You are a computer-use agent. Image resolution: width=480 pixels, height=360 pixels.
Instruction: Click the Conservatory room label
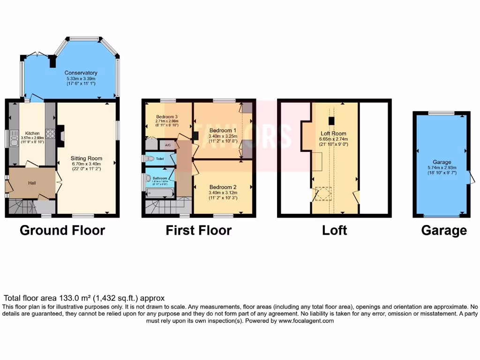click(x=81, y=73)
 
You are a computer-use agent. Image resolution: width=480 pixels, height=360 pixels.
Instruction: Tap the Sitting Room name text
click(x=86, y=158)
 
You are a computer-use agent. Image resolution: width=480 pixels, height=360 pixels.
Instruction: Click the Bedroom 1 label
click(x=223, y=130)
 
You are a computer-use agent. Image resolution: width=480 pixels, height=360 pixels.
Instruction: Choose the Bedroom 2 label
click(x=223, y=187)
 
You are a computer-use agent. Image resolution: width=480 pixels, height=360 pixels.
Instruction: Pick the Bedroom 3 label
click(x=167, y=116)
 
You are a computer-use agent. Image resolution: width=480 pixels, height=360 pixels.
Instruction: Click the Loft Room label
click(x=335, y=133)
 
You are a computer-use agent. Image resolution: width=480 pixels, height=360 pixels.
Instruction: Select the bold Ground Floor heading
click(x=62, y=230)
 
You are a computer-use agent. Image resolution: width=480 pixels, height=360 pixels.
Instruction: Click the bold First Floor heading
click(x=198, y=230)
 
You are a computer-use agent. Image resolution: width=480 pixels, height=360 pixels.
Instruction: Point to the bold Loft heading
click(x=334, y=230)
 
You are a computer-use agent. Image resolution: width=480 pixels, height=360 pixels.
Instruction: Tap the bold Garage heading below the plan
click(x=443, y=230)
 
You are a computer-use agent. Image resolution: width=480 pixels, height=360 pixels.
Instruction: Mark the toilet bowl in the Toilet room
click(x=150, y=159)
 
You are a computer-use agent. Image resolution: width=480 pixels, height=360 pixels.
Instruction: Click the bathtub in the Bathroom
click(x=159, y=192)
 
